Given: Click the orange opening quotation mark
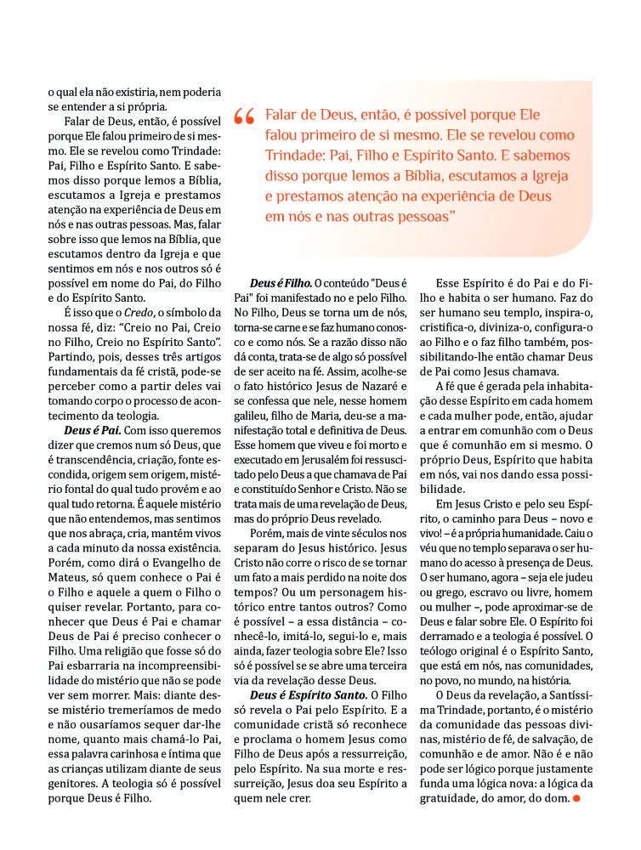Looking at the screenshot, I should pyautogui.click(x=243, y=117).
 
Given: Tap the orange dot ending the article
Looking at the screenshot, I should pyautogui.click(x=576, y=799).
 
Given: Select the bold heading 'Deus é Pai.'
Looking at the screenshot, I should pyautogui.click(x=94, y=430).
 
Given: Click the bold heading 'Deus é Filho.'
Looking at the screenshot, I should pyautogui.click(x=281, y=282).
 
